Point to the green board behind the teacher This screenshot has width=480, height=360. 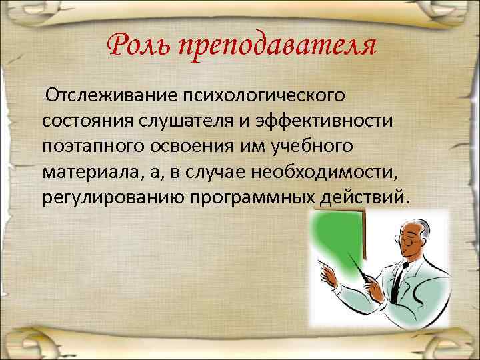pos(340,240)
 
